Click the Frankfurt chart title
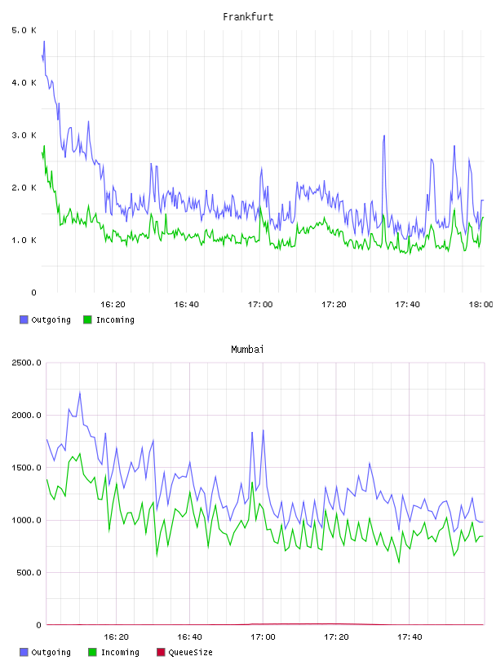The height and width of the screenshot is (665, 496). click(248, 16)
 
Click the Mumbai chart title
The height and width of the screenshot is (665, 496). click(247, 349)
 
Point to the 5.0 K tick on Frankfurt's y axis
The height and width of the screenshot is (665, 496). click(24, 30)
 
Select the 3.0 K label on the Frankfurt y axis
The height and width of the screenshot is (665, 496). click(24, 134)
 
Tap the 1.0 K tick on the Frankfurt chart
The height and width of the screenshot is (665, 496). click(24, 240)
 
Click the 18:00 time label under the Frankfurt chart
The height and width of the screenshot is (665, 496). click(480, 304)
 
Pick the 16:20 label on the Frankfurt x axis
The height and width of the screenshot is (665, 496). click(113, 304)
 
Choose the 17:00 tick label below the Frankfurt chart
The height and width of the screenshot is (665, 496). click(260, 304)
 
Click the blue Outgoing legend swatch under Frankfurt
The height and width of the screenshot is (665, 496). click(24, 319)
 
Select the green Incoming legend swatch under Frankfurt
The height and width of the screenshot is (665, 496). click(87, 319)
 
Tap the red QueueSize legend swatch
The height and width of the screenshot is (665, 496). click(161, 652)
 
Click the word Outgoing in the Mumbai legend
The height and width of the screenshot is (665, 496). click(51, 652)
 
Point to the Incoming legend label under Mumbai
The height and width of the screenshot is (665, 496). click(120, 652)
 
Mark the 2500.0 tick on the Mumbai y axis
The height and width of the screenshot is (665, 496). click(26, 363)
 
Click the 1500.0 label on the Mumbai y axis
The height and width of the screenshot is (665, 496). click(26, 467)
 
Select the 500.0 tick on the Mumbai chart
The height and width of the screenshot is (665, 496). click(29, 573)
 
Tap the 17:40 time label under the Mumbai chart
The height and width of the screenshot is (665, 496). click(410, 636)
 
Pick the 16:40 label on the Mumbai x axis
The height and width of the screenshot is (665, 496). click(189, 636)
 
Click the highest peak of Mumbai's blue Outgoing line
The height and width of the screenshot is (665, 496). click(80, 392)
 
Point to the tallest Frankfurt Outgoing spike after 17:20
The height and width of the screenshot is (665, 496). click(384, 136)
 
